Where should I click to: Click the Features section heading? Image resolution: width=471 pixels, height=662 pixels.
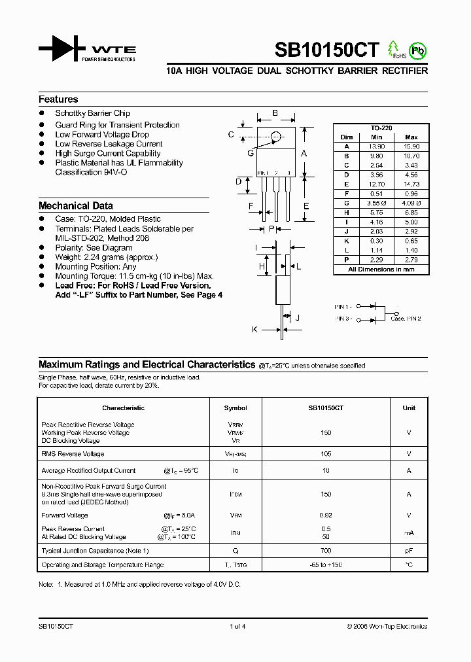click(58, 99)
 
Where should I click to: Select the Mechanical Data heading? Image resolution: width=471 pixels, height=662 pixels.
click(76, 205)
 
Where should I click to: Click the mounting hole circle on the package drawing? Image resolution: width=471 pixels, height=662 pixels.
click(275, 137)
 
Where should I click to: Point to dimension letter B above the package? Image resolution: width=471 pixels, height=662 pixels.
click(275, 113)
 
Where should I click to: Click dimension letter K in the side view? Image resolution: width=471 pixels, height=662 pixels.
click(254, 330)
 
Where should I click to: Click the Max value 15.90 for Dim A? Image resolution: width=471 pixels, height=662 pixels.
click(411, 147)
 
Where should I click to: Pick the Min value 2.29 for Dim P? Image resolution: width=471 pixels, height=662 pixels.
click(376, 260)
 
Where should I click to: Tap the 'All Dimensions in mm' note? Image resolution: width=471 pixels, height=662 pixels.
click(381, 270)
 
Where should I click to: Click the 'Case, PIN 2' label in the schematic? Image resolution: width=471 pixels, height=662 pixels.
click(406, 319)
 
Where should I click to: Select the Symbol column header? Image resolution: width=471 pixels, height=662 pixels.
click(235, 408)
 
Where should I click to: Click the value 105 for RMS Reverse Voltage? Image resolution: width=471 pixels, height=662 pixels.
click(326, 453)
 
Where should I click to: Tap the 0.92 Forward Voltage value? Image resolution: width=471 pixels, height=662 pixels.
click(326, 515)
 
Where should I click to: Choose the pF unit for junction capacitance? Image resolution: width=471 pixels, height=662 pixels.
click(409, 551)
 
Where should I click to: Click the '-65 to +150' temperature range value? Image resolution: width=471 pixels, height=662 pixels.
click(326, 565)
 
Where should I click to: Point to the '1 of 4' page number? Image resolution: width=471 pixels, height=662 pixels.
click(237, 626)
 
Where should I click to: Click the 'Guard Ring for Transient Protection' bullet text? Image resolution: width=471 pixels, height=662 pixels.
click(117, 125)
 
